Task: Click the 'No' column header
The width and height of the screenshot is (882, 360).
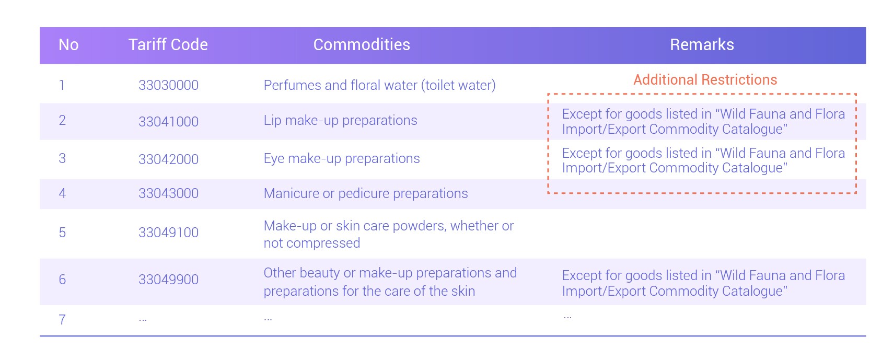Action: click(68, 44)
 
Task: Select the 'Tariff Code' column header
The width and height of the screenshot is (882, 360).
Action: click(168, 44)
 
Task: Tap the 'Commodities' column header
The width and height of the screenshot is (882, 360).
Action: click(362, 44)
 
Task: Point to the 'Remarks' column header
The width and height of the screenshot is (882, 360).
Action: click(702, 44)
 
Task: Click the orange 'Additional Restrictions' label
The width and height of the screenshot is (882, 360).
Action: click(705, 79)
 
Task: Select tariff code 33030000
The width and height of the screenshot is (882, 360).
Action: click(169, 85)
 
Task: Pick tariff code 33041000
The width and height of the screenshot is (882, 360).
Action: click(169, 121)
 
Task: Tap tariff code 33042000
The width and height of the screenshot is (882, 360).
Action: click(169, 159)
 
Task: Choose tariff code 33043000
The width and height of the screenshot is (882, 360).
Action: click(169, 193)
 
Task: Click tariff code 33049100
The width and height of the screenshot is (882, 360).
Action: click(169, 233)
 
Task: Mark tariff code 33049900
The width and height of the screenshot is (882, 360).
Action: click(169, 279)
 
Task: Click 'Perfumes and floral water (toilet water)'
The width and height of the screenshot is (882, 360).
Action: click(379, 85)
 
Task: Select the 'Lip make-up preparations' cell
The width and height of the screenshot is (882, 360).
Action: click(340, 120)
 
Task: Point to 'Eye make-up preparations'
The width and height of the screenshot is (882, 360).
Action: click(342, 158)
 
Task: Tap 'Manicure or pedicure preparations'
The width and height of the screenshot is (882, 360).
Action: click(366, 193)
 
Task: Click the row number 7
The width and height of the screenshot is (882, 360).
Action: click(62, 319)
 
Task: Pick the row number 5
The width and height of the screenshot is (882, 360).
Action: click(62, 233)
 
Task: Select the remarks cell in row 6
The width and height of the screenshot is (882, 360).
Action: click(703, 283)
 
